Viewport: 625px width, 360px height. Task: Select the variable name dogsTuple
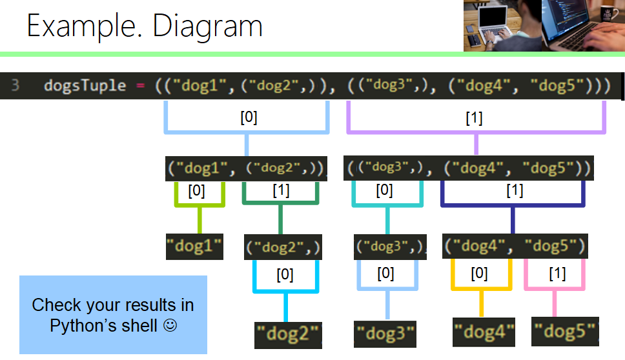(85, 86)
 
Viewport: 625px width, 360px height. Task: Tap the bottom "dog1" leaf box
(194, 246)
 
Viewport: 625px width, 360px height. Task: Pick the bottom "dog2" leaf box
(288, 335)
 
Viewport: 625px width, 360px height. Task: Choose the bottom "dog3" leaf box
(385, 334)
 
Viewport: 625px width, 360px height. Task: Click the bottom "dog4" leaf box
(484, 333)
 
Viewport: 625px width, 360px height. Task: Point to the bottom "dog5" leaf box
(565, 332)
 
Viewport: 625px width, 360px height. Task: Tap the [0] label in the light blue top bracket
(249, 119)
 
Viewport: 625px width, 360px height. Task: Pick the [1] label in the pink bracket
(557, 274)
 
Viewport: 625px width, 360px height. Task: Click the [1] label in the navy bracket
(515, 191)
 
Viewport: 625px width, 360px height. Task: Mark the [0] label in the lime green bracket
(197, 191)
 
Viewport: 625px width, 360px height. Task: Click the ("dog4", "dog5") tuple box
(515, 246)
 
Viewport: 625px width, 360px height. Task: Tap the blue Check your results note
(113, 315)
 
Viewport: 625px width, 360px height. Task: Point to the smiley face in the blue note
(170, 326)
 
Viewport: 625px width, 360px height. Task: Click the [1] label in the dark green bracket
(281, 191)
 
